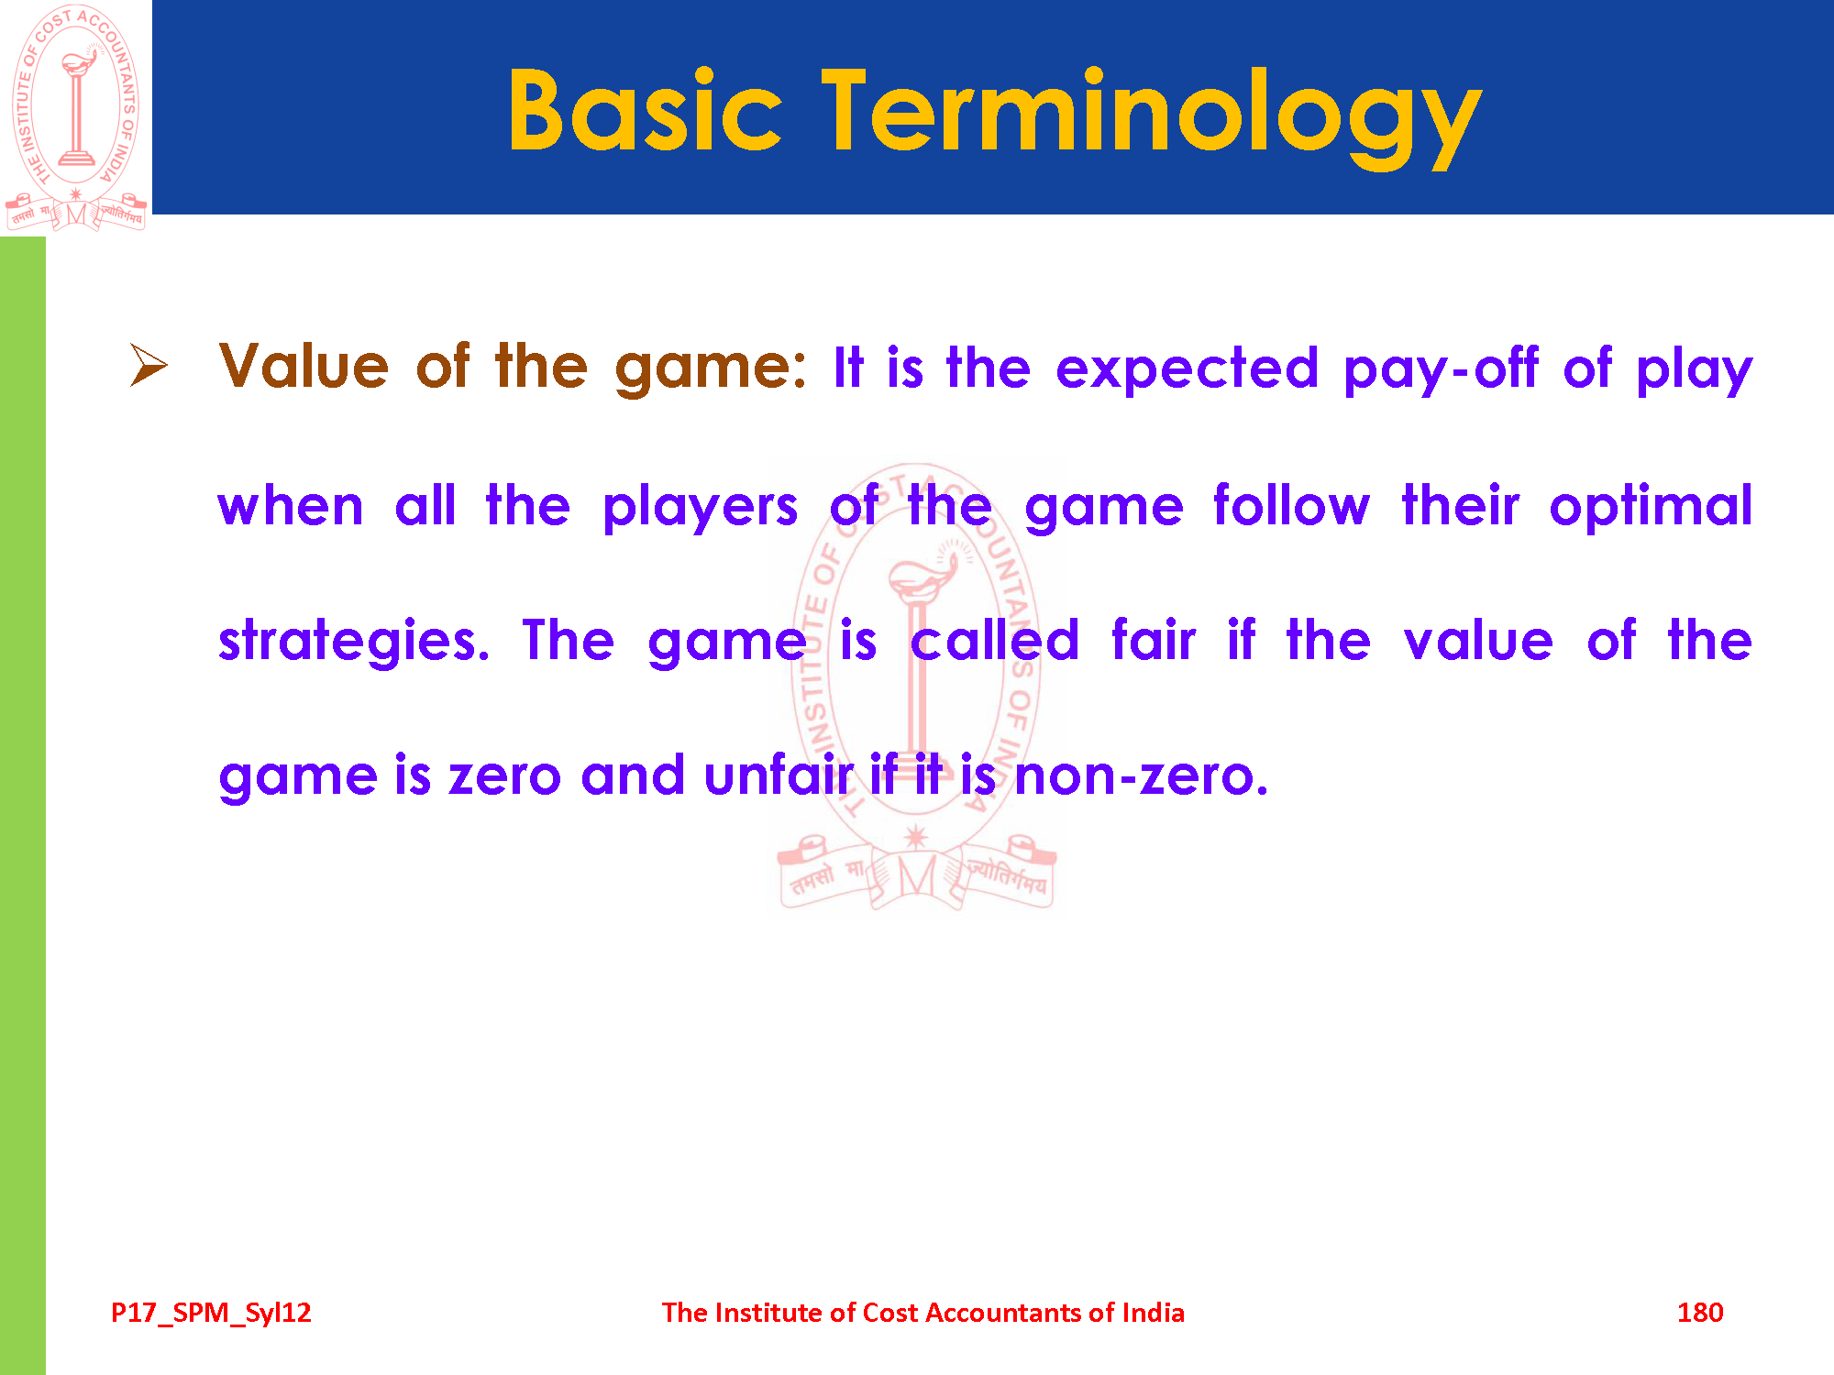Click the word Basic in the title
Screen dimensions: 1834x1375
click(646, 109)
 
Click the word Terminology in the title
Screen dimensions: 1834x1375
click(1152, 117)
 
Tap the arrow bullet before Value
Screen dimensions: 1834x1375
click(149, 366)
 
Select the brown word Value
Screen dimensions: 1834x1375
click(304, 367)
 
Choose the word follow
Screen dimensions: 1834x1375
click(1291, 505)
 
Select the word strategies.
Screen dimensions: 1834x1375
click(354, 642)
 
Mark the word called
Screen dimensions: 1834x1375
click(995, 639)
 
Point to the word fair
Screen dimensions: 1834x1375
click(1154, 639)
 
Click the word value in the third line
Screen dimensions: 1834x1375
click(1478, 639)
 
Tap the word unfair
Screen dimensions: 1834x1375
click(779, 775)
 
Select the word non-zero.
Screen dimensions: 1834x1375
click(1142, 776)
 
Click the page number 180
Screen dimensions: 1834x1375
click(1700, 1313)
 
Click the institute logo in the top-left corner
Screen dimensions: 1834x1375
click(76, 117)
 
